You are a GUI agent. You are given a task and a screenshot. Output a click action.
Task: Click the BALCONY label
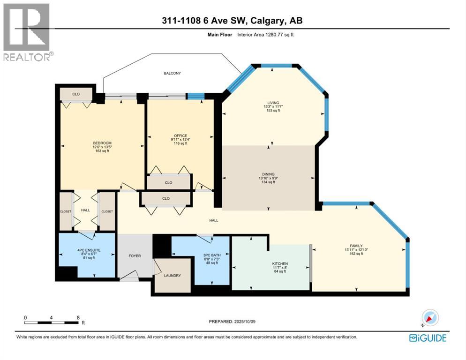pos(172,74)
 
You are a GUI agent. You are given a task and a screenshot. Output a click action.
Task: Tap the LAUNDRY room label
pos(173,276)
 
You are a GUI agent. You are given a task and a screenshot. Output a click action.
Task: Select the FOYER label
pos(135,256)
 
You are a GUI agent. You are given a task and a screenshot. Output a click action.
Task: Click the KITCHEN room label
pos(280,263)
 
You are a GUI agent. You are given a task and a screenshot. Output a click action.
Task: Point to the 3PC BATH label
pos(212,255)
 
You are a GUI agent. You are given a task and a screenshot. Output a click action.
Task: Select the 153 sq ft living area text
pos(273,111)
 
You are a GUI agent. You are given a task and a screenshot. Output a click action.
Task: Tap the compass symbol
pos(429,317)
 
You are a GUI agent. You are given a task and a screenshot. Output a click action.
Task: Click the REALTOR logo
pos(27,32)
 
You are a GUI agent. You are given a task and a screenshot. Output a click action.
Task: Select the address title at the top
pos(233,21)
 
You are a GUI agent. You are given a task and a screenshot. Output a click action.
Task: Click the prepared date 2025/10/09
pos(233,322)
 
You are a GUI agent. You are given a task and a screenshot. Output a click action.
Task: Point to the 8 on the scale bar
pos(78,317)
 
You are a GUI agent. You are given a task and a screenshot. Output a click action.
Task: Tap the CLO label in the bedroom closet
pos(76,94)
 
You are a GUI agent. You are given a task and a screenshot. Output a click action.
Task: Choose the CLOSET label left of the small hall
pos(66,211)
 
